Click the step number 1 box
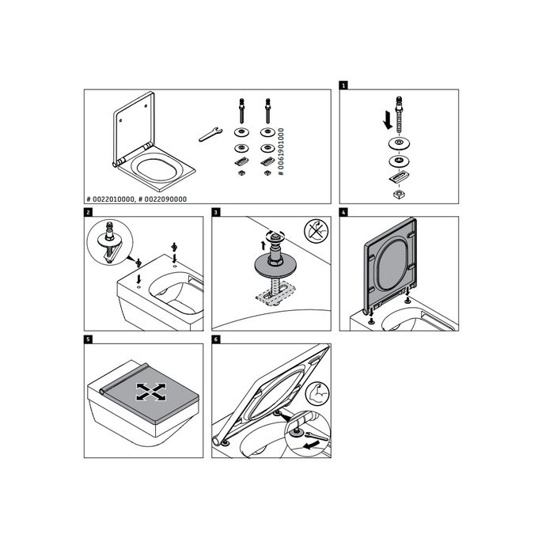tap(343, 83)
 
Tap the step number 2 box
tap(88, 212)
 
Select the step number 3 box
tap(216, 212)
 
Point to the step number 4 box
tap(343, 212)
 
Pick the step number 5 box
tap(88, 339)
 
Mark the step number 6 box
tap(216, 339)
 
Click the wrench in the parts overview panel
tap(208, 134)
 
